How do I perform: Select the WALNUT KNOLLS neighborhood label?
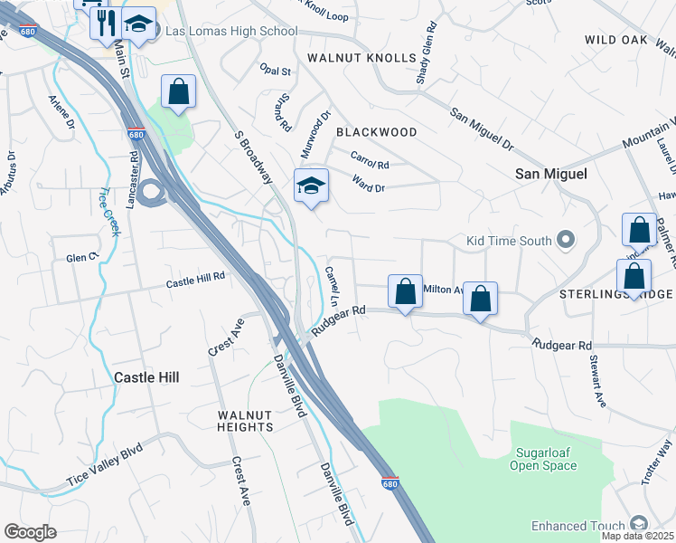361,58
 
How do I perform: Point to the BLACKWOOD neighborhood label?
376,132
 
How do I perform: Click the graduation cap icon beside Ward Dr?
310,186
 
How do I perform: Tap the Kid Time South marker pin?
566,240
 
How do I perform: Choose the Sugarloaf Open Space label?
543,460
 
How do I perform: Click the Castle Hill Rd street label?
194,284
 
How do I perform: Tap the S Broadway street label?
253,157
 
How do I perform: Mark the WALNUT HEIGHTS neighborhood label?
245,421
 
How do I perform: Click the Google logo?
30,532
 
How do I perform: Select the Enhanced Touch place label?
577,526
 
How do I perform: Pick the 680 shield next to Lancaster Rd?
136,135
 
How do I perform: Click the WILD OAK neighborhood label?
616,40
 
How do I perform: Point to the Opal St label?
275,71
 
